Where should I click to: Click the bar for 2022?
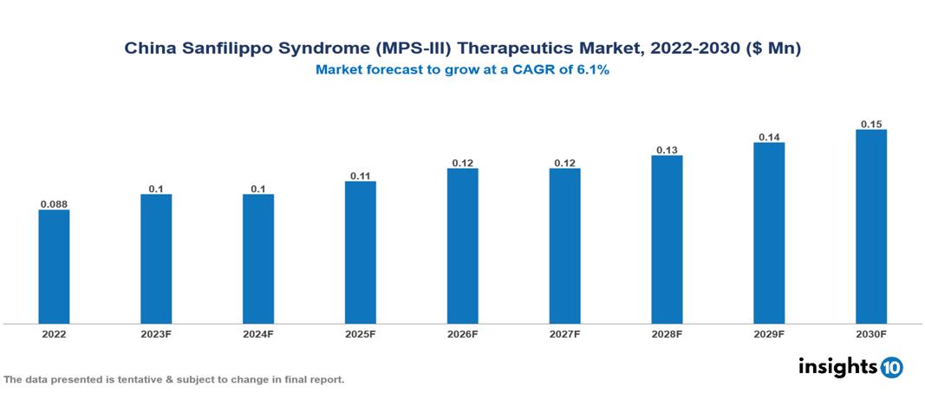coord(54,267)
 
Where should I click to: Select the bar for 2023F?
coord(156,259)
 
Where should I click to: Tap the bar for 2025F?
coord(360,252)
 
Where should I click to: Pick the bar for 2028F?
coord(667,240)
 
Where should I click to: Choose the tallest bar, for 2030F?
coord(871,227)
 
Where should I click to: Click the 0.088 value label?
coord(54,204)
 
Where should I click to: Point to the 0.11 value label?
coord(360,176)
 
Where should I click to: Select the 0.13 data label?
coord(667,150)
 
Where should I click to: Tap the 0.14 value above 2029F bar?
coord(769,137)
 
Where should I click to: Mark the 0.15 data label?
coord(871,124)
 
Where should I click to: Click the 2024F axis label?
coord(258,333)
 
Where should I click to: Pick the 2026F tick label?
coord(462,333)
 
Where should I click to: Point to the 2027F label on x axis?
coord(564,333)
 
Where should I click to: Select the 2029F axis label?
coord(769,333)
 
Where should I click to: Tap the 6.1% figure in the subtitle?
coord(593,71)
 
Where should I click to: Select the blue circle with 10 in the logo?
coord(891,367)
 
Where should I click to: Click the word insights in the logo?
coord(837,366)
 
